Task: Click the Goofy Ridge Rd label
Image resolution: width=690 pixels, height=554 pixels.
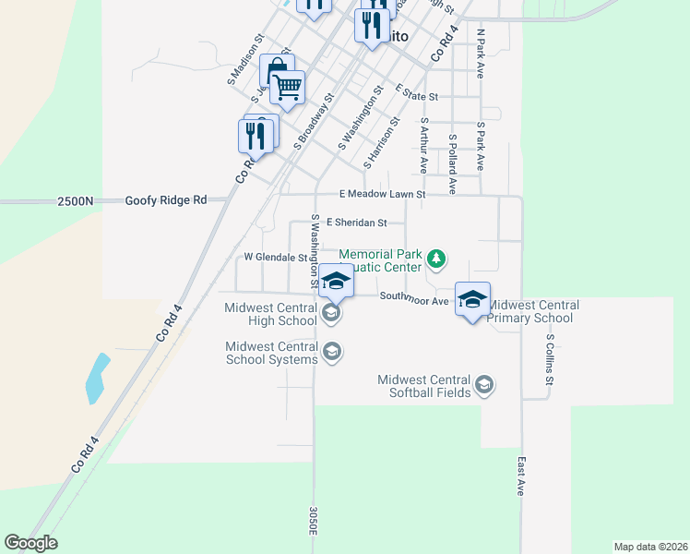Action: [x=166, y=199]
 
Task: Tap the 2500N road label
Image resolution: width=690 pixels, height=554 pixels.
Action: [x=76, y=200]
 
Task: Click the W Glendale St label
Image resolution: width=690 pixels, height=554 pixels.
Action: [x=275, y=258]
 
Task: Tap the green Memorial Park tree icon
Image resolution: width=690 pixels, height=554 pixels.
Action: [x=437, y=261]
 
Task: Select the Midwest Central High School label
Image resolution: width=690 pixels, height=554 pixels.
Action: [x=270, y=315]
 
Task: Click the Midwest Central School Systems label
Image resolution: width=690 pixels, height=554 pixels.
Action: [x=271, y=353]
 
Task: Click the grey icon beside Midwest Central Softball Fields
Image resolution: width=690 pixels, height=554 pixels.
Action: [x=484, y=384]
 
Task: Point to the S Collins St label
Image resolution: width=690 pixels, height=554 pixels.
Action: [x=548, y=360]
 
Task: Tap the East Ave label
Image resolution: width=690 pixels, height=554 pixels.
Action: [x=522, y=476]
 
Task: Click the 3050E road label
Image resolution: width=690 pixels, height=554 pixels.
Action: [x=314, y=522]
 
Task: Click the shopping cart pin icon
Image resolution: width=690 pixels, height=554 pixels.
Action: [x=288, y=89]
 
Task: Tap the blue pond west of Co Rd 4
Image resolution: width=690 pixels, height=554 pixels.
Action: [x=96, y=379]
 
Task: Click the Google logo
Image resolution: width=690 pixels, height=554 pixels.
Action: [x=30, y=543]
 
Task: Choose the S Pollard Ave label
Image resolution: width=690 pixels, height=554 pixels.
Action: [x=452, y=163]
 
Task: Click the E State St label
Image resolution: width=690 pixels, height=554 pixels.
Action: [x=416, y=94]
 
